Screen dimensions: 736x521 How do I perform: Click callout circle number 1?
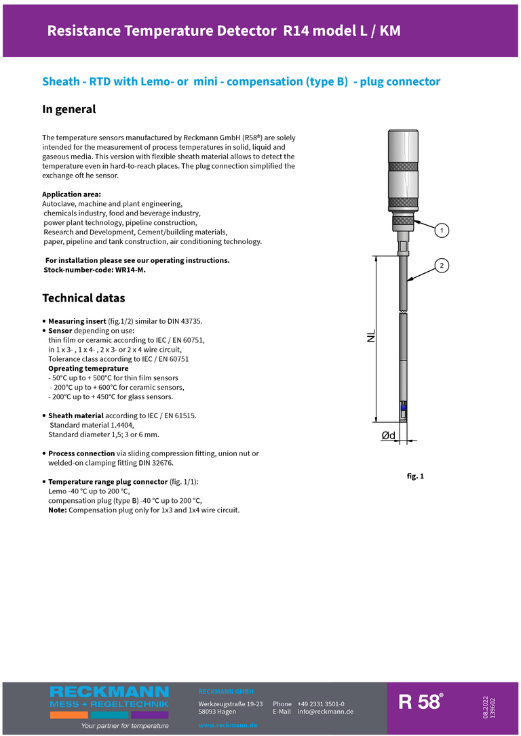tap(441, 231)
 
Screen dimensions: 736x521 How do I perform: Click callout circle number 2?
tap(441, 265)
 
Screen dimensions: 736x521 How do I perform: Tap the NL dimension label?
tap(370, 336)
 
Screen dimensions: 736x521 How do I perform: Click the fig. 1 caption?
tap(415, 476)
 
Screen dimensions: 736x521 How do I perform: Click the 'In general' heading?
tap(69, 109)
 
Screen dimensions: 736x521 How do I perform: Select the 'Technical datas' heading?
tap(83, 298)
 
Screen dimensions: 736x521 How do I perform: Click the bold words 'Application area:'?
tap(71, 195)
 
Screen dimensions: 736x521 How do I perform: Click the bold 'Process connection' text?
tap(81, 453)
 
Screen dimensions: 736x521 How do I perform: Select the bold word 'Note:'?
tap(58, 510)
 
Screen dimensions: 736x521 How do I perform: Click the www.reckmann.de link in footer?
tap(227, 725)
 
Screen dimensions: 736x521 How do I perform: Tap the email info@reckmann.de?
tap(325, 712)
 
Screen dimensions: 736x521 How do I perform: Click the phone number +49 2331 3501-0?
tap(320, 703)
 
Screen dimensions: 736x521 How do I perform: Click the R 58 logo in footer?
tap(421, 702)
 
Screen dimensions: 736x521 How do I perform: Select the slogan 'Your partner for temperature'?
tap(125, 726)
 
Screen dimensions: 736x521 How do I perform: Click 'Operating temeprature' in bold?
tap(88, 369)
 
